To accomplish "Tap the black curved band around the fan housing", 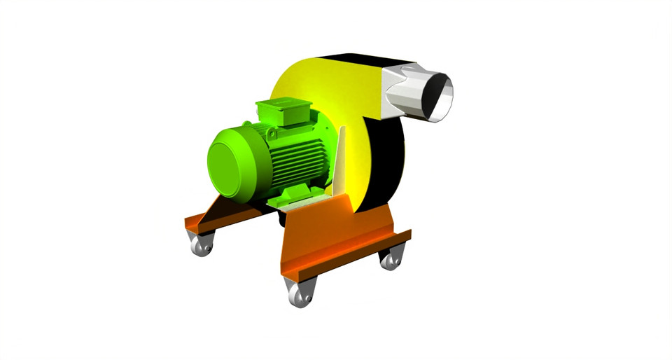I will [x=388, y=161].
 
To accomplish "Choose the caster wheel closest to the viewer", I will [x=300, y=295].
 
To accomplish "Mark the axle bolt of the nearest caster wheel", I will [x=299, y=297].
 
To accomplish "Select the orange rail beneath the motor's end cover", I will [x=210, y=217].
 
